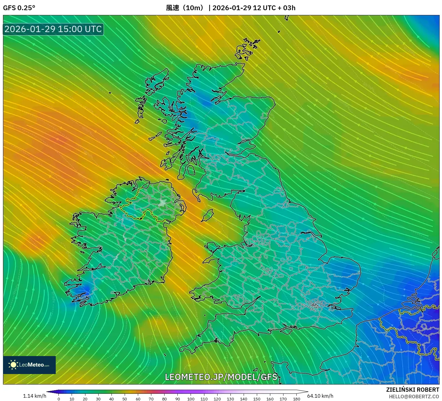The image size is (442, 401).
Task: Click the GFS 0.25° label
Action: point(19,8)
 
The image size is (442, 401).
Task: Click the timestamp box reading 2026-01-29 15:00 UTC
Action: point(53,29)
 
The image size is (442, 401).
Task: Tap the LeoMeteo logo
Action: point(29,365)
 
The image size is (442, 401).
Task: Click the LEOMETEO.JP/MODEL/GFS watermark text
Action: point(221,377)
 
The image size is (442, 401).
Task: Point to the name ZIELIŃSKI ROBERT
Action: point(412,390)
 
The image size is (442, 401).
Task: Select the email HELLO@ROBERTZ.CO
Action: point(414,397)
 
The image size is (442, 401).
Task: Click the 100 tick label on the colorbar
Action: point(191,399)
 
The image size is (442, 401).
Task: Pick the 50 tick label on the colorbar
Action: point(125,399)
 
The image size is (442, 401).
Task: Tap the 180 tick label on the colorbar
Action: point(296,399)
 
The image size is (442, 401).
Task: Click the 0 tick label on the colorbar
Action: point(59,399)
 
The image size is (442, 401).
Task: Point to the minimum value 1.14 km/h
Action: point(34,396)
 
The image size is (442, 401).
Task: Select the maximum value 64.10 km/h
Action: point(320,396)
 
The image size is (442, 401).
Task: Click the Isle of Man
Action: point(207,215)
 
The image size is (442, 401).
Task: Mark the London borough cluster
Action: point(315,305)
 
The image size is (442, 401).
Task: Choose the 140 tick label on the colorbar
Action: point(244,399)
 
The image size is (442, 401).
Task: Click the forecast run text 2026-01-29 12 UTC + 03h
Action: point(254,8)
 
